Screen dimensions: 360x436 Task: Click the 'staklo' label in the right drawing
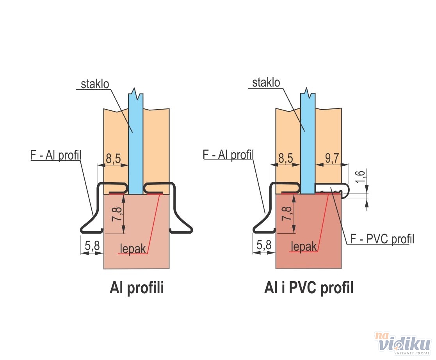[266, 83]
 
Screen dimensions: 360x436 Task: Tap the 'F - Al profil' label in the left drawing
[55, 155]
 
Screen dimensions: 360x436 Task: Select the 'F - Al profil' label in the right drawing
[228, 155]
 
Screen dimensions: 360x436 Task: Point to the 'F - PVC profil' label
[382, 238]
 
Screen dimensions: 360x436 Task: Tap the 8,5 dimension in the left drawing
[113, 159]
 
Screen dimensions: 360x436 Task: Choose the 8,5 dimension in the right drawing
[285, 158]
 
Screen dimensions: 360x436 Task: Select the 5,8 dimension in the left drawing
[92, 246]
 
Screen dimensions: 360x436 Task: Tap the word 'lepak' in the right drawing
[304, 246]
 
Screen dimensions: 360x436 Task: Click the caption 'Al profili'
[137, 289]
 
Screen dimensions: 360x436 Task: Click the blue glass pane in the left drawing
[135, 148]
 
